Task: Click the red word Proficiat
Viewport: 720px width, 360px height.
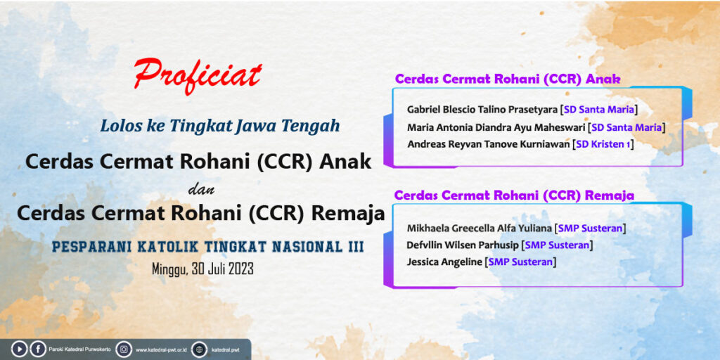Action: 198,76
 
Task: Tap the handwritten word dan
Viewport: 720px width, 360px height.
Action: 202,190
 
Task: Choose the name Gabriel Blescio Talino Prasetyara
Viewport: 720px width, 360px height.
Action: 482,110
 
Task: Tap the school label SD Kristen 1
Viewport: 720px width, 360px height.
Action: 603,144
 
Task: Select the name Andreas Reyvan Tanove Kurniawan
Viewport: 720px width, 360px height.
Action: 489,144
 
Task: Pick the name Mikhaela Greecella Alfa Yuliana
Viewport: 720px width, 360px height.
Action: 480,229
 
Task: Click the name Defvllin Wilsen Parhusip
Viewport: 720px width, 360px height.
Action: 463,245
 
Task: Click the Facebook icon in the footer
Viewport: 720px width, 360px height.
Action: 38,349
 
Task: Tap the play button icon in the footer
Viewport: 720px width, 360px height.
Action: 19,349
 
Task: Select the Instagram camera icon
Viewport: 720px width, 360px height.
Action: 124,349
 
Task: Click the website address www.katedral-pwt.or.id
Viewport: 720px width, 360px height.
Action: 160,350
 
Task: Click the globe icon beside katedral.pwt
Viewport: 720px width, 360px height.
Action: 199,349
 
